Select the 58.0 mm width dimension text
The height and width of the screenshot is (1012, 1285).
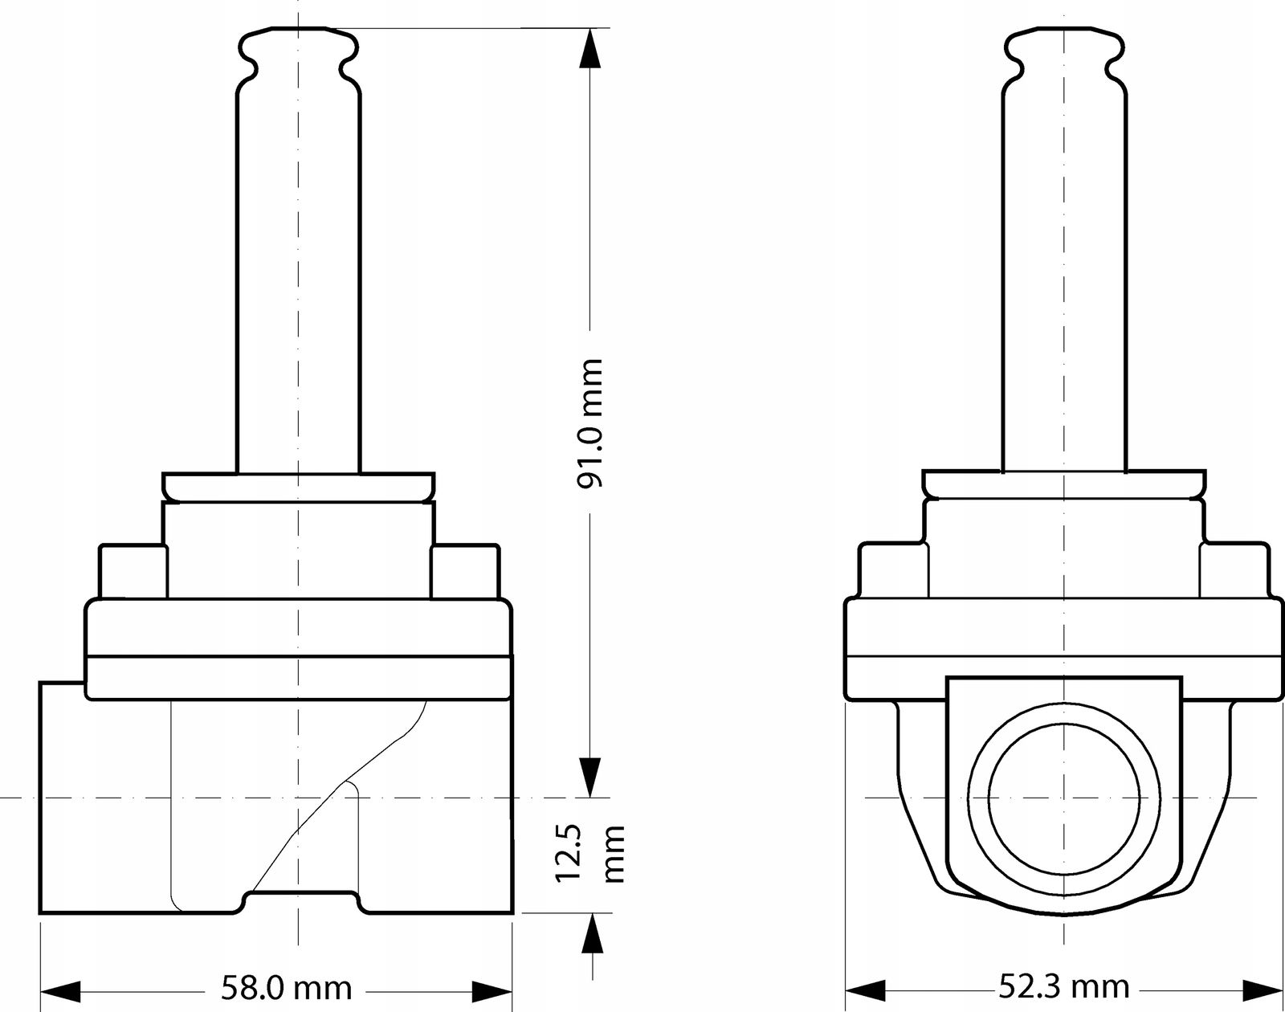[x=287, y=988]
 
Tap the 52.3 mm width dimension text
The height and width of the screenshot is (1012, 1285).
[x=1065, y=987]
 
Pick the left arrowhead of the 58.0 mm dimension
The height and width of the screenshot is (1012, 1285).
[x=60, y=992]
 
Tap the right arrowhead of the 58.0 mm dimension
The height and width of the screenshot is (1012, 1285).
[x=492, y=992]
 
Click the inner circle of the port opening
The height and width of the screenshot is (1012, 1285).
[x=1064, y=798]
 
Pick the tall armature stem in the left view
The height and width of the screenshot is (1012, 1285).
[x=299, y=281]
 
